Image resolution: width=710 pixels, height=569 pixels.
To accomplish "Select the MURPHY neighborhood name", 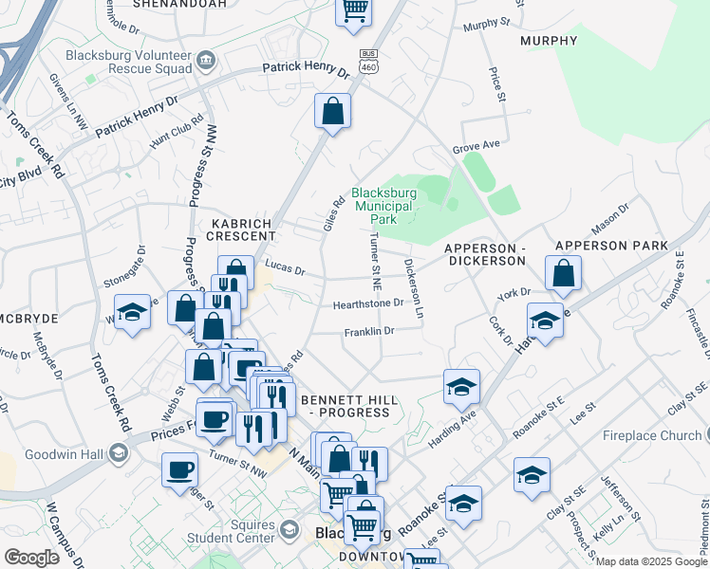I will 549,41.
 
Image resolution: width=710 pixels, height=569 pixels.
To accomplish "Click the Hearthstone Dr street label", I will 368,304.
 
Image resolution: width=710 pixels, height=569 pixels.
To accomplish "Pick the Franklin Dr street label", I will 368,331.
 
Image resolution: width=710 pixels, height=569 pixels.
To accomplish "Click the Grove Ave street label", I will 476,147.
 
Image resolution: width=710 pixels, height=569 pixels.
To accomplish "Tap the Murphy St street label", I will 485,22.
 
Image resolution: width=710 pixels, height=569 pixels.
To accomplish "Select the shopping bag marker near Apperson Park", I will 564,273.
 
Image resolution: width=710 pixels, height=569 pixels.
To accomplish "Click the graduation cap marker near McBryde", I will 132,312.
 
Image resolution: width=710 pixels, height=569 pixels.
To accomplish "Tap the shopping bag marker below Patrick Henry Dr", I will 333,111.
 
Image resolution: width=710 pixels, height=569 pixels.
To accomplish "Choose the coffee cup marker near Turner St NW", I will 179,470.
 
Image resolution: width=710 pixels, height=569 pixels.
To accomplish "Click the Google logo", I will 31,558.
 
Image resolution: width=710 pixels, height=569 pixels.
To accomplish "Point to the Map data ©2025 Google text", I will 651,561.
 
